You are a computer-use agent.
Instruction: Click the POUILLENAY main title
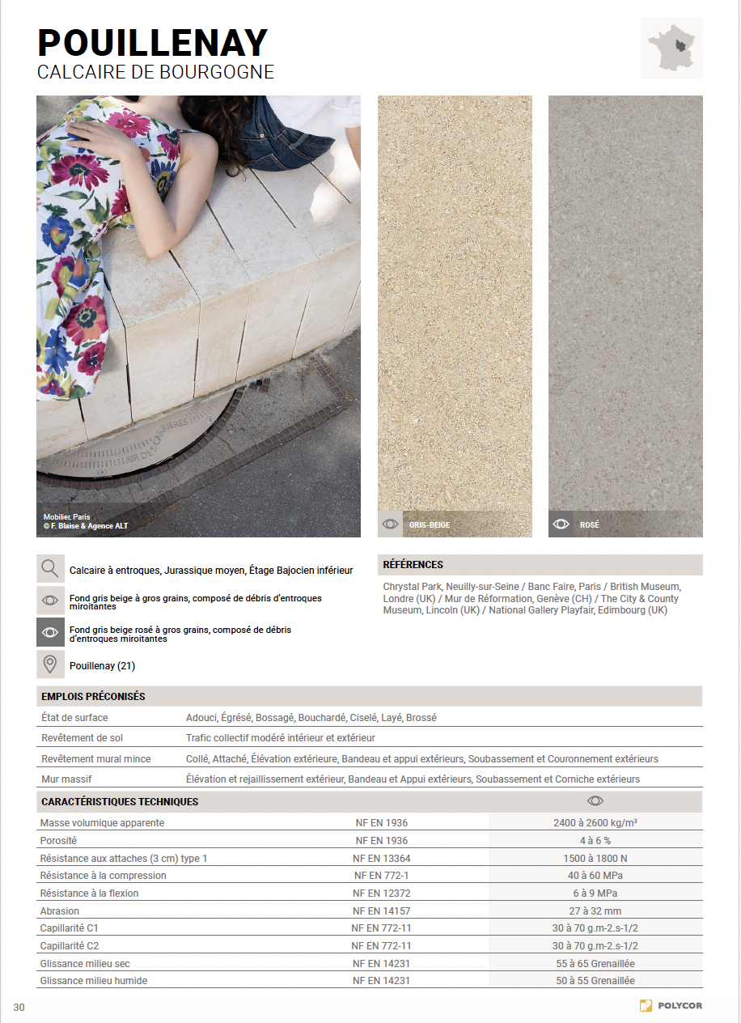[x=152, y=42]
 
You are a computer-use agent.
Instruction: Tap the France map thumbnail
[x=671, y=48]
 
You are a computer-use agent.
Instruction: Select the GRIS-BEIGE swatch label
[x=429, y=525]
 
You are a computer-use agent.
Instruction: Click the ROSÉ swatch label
[x=589, y=525]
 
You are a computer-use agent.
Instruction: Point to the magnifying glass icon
[x=50, y=569]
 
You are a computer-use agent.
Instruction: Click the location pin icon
[x=50, y=664]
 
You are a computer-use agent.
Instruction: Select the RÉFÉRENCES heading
[x=413, y=565]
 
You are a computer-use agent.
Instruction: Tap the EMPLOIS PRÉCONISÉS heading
[x=93, y=696]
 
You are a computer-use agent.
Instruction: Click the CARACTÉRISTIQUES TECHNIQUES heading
[x=120, y=801]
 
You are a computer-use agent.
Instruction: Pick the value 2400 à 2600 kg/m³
[x=595, y=823]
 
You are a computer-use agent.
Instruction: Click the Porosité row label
[x=59, y=841]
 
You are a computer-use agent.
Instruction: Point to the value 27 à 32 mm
[x=595, y=911]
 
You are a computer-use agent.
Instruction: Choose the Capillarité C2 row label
[x=70, y=945]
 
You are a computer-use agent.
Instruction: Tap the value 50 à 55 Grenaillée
[x=595, y=980]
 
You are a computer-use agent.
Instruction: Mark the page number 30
[x=19, y=1007]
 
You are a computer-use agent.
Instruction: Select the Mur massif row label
[x=66, y=779]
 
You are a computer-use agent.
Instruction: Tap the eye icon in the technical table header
[x=595, y=801]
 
